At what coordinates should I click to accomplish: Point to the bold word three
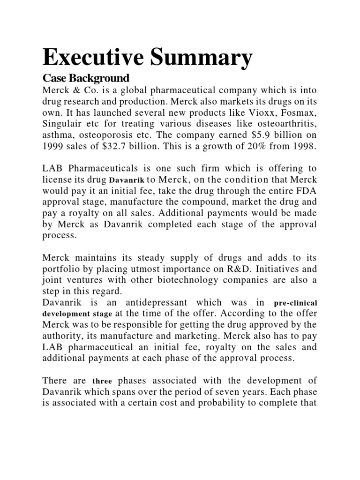pyautogui.click(x=102, y=382)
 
